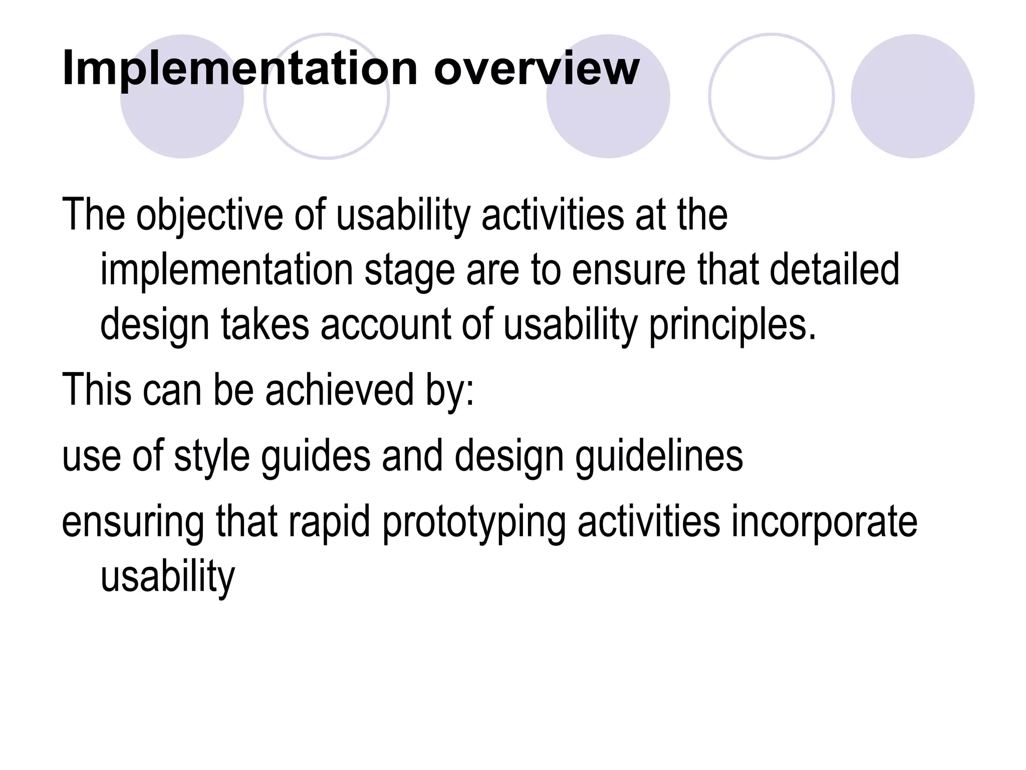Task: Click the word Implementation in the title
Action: tap(239, 69)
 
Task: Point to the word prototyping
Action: tap(473, 522)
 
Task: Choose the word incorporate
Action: tap(824, 522)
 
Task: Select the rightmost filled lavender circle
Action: tap(912, 96)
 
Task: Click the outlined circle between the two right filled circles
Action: tap(772, 96)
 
